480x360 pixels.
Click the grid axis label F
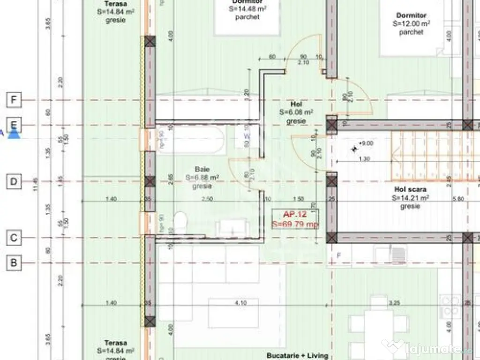click(14, 100)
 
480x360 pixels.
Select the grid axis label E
click(14, 125)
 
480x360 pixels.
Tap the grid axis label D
click(14, 181)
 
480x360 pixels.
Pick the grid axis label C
click(14, 238)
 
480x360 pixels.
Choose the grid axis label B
click(14, 263)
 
